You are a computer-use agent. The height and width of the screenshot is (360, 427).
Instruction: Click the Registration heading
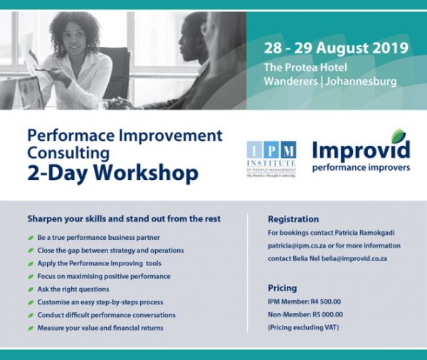click(x=293, y=219)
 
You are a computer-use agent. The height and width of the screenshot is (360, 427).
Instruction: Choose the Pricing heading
click(x=283, y=289)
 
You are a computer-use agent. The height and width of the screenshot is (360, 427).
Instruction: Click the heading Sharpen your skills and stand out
click(x=124, y=218)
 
